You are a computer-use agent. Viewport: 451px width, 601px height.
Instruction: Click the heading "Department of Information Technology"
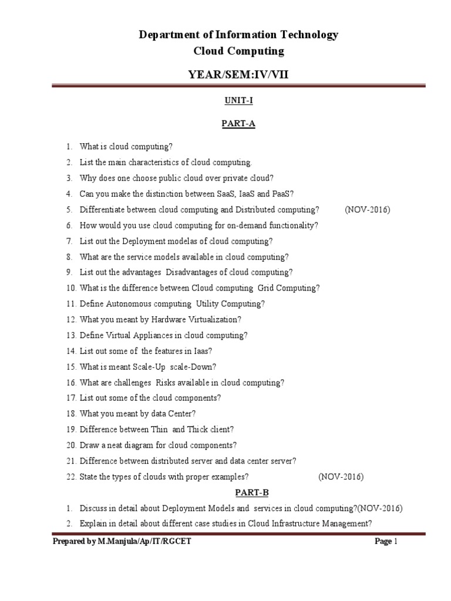(x=238, y=35)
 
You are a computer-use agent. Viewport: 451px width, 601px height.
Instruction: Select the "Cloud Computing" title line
(x=238, y=51)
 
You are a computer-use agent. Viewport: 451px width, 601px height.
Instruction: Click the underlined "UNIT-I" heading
(x=238, y=101)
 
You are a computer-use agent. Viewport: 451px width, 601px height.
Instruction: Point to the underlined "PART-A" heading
(x=238, y=124)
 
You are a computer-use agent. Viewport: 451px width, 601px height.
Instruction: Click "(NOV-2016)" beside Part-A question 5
(x=368, y=210)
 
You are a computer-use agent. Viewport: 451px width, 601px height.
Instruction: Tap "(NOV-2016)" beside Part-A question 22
(x=341, y=477)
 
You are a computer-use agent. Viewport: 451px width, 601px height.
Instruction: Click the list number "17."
(x=71, y=398)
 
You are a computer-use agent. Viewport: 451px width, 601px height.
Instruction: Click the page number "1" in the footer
(x=396, y=542)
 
